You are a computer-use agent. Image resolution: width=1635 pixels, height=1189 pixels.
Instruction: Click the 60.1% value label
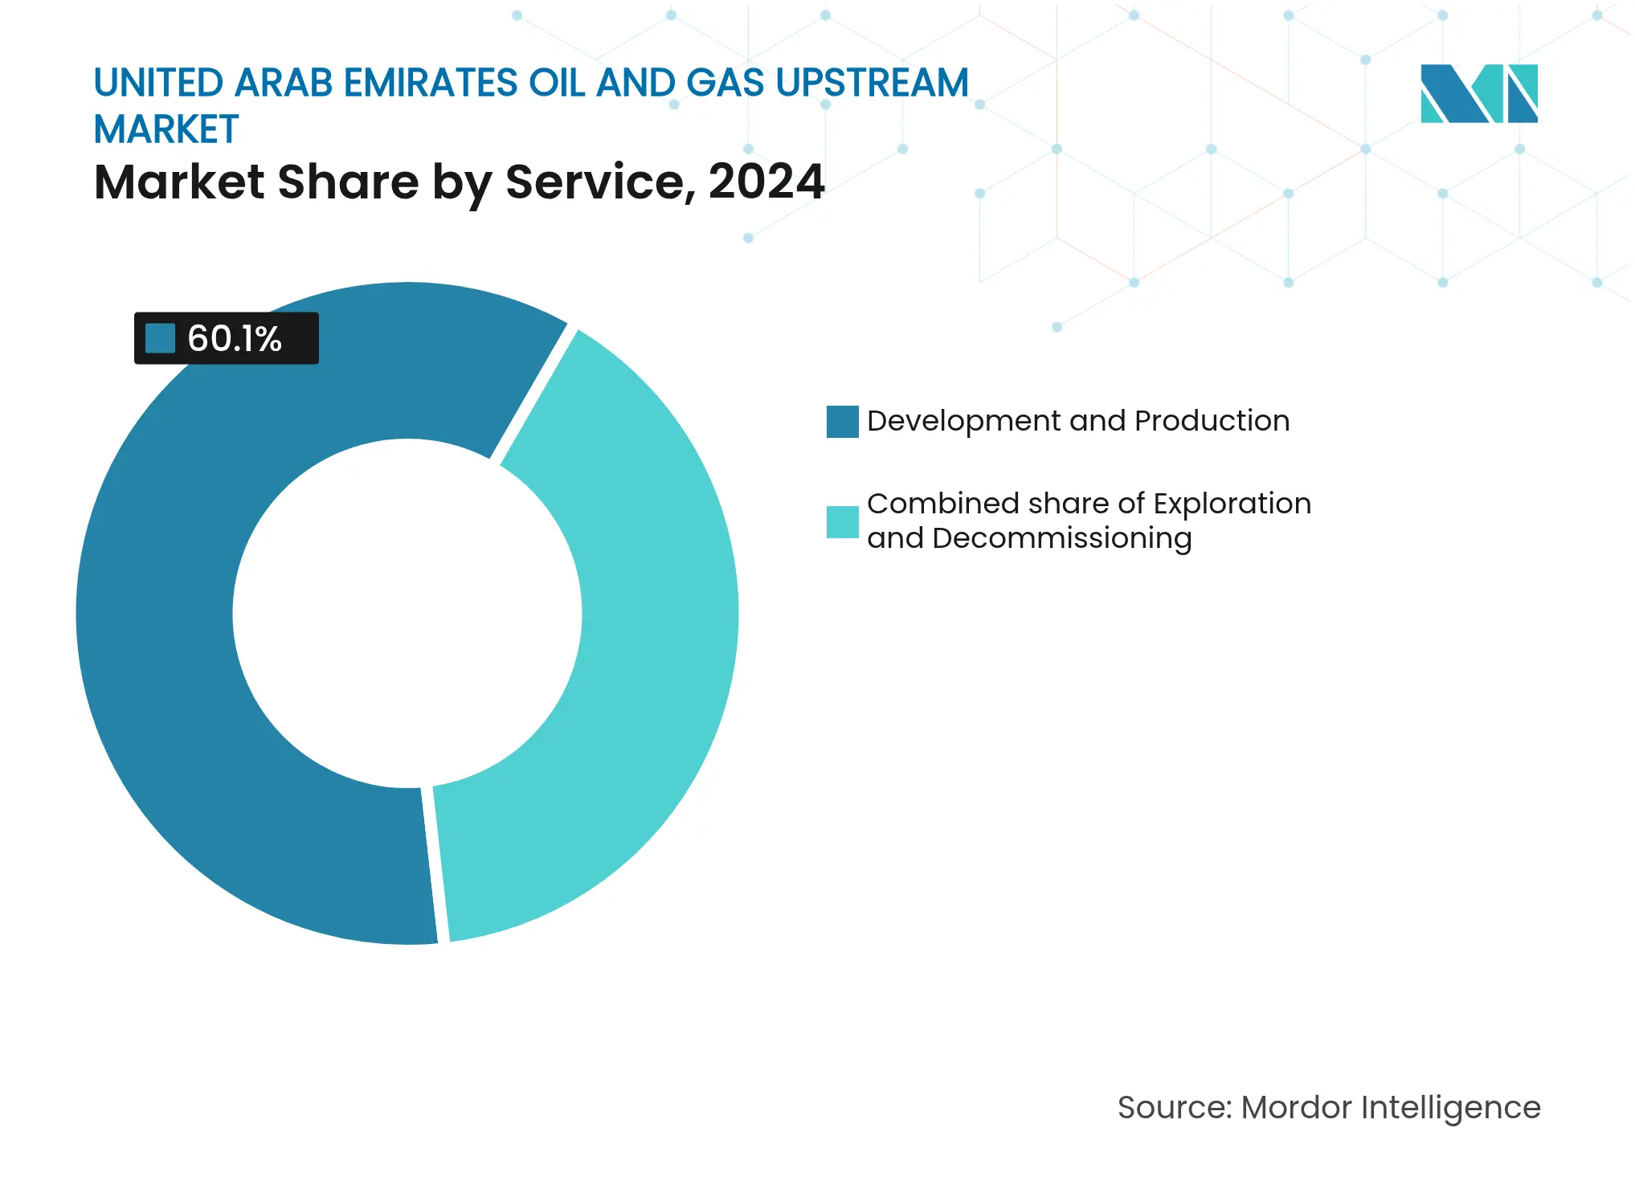tap(234, 338)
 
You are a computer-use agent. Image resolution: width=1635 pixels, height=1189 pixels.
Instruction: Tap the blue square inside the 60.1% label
tap(160, 338)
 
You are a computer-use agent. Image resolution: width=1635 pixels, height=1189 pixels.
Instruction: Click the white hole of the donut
tap(407, 614)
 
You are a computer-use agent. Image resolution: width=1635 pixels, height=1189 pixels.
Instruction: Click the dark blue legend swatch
tap(842, 422)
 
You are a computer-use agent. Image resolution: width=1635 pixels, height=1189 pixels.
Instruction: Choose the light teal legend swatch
tap(842, 522)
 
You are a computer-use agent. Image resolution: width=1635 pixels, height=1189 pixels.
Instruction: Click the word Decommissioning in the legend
tap(1061, 538)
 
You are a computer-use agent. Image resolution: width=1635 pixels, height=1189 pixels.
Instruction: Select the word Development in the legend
tap(964, 421)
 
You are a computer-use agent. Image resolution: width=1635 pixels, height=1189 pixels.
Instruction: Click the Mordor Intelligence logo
tap(1478, 93)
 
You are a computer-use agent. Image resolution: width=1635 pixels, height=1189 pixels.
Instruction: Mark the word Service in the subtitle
tap(599, 182)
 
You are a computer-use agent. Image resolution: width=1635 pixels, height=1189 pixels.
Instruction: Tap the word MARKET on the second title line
tap(166, 129)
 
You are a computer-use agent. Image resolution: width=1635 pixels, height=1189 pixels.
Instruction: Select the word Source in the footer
tap(1173, 1107)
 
